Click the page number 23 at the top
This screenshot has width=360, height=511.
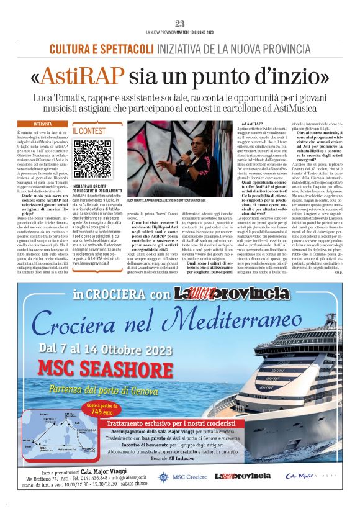(x=180, y=24)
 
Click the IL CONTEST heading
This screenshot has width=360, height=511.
(x=89, y=132)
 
